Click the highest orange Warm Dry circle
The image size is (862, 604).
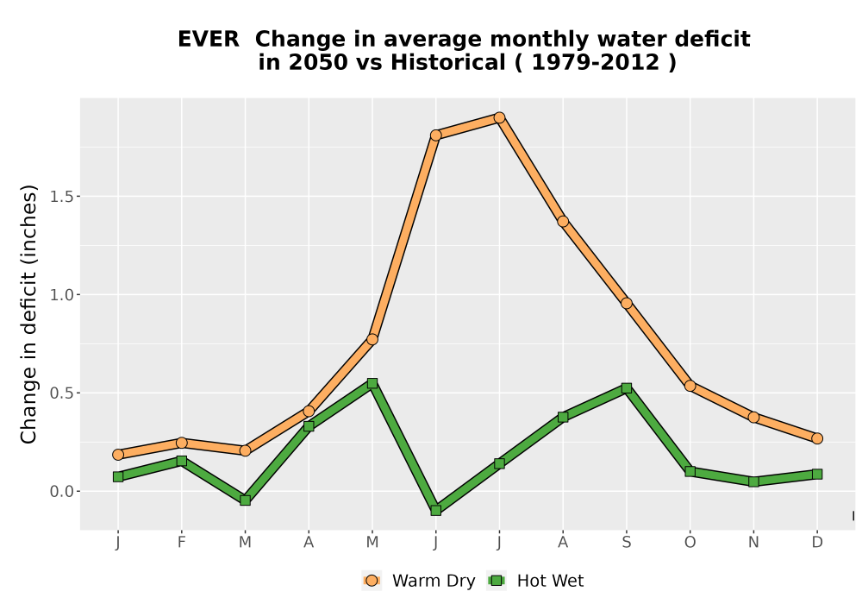tap(499, 117)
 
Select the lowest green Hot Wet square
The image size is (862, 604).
tap(436, 511)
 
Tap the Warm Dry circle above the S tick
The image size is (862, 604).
tap(626, 303)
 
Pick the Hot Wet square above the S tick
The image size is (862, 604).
tap(626, 388)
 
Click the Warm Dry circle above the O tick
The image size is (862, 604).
tap(690, 386)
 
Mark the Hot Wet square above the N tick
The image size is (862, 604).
tap(753, 481)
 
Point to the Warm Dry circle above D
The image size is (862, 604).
tap(817, 438)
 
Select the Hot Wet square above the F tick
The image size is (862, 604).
tap(181, 461)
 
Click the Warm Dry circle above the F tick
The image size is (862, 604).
tap(181, 443)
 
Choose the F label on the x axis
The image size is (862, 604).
tap(181, 543)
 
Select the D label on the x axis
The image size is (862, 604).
tap(817, 543)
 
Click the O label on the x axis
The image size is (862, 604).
tap(690, 543)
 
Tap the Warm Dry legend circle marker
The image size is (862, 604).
tap(372, 581)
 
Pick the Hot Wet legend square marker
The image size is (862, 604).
tap(497, 581)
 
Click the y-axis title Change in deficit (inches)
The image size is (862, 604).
tap(28, 314)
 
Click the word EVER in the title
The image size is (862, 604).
tap(209, 39)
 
